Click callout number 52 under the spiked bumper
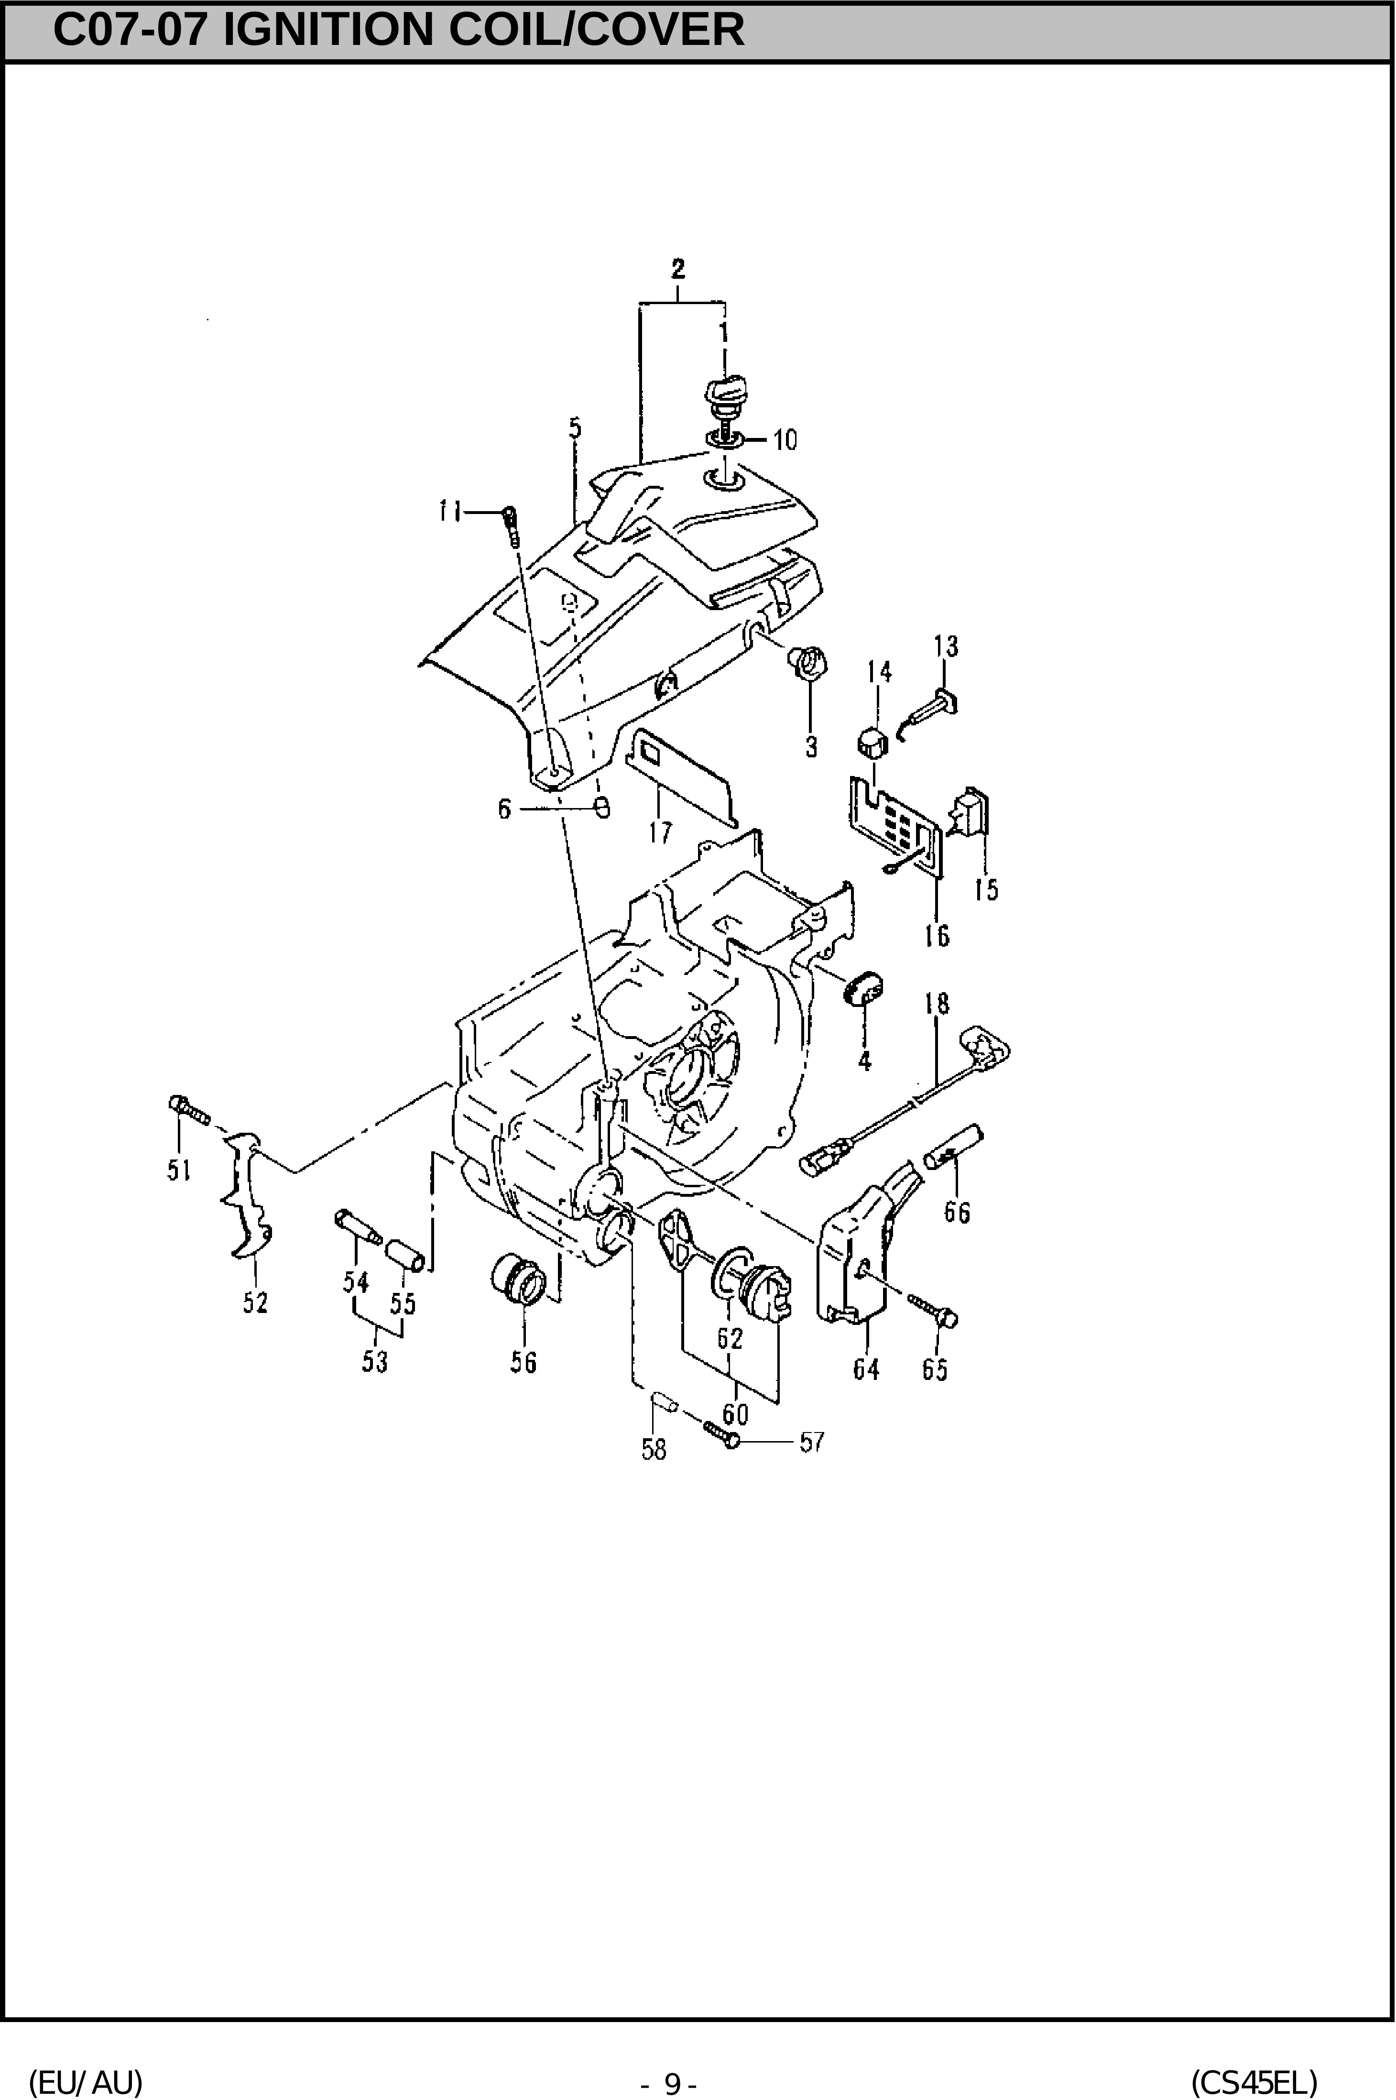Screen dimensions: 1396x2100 (x=255, y=1302)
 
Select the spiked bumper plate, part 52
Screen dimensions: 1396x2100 (x=247, y=1195)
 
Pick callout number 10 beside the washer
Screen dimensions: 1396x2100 (x=785, y=440)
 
